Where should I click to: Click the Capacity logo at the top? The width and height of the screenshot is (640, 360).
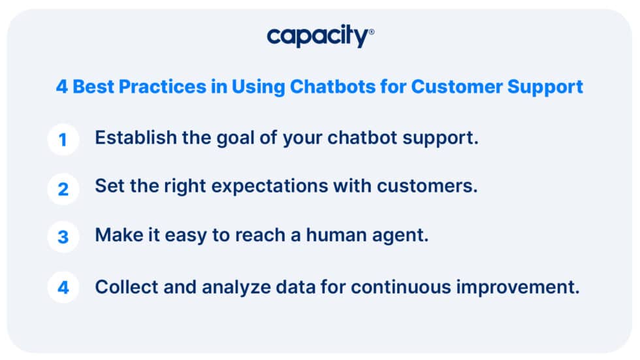click(x=320, y=36)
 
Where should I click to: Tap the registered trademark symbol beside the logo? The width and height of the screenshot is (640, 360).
click(x=371, y=31)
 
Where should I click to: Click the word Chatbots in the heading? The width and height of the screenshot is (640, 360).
click(x=332, y=86)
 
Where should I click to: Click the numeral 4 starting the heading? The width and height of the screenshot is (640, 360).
click(x=61, y=86)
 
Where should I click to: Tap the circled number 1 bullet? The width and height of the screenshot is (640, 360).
click(x=63, y=140)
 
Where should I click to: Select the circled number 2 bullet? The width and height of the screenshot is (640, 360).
click(x=63, y=189)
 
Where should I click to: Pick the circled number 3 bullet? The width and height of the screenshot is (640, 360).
click(x=63, y=237)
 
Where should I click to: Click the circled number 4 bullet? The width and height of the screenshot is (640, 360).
click(x=63, y=287)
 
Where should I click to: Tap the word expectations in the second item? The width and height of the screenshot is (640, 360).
click(x=270, y=187)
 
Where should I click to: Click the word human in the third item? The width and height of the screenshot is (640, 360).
click(x=336, y=235)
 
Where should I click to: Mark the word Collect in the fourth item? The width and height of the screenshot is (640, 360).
click(x=127, y=287)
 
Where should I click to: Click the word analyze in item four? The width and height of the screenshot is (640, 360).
click(x=236, y=288)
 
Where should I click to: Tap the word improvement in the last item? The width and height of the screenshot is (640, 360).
click(x=517, y=288)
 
